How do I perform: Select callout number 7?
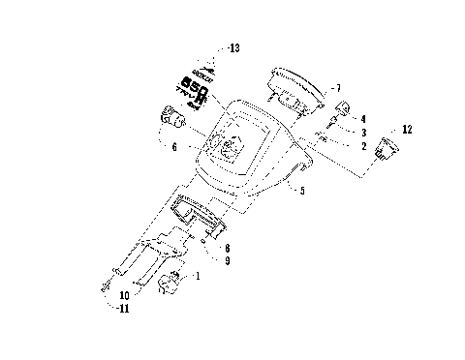(336, 88)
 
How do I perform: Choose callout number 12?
(406, 128)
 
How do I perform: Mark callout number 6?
(173, 147)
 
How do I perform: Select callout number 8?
(226, 249)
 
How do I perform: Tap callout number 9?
(226, 260)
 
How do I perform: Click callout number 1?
(200, 277)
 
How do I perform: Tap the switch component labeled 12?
(389, 147)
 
